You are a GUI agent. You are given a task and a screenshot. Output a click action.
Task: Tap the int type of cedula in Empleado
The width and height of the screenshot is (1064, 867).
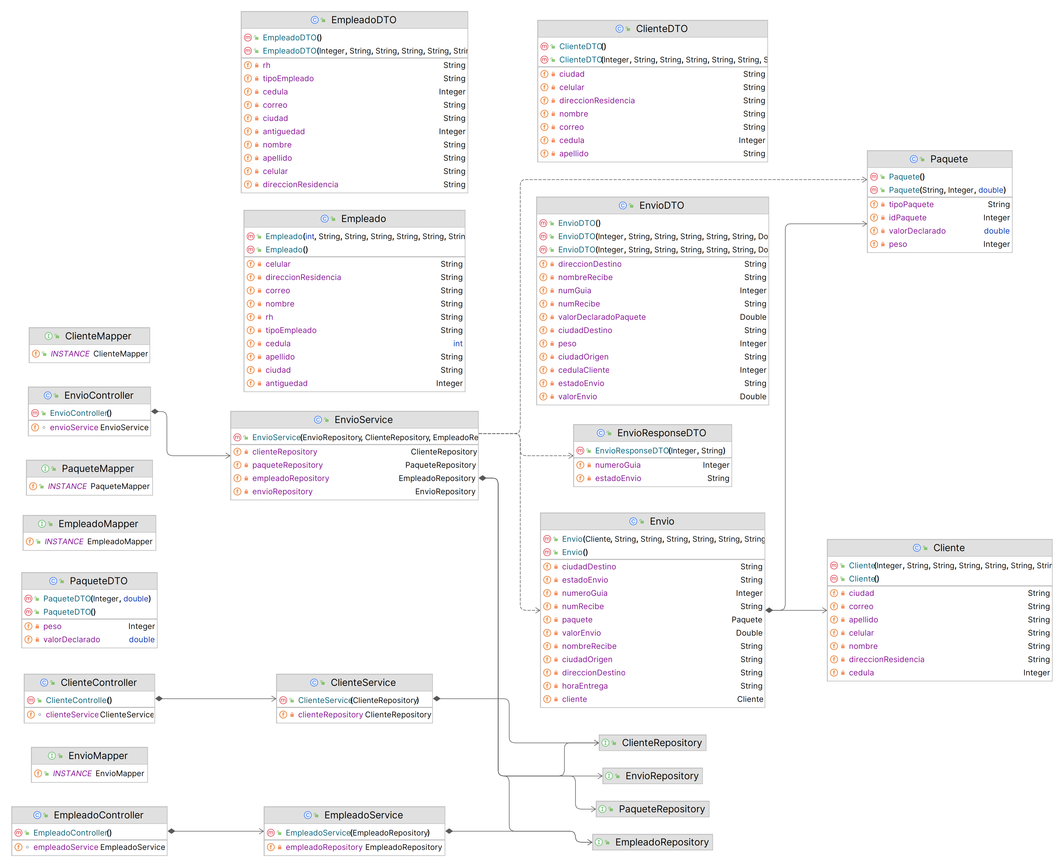[x=457, y=343]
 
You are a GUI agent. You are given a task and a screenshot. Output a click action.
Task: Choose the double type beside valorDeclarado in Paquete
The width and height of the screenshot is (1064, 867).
[x=996, y=231]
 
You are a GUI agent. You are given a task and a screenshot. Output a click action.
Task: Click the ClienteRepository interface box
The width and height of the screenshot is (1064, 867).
[x=652, y=743]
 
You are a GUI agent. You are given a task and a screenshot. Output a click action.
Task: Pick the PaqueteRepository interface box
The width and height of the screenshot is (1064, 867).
[x=652, y=809]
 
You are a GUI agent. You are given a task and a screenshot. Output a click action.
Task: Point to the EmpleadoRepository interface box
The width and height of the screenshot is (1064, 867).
[x=652, y=842]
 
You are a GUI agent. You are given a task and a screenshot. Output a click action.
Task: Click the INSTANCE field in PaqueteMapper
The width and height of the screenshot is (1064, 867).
[x=67, y=486]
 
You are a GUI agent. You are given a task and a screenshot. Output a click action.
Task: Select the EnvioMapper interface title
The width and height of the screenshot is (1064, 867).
[x=98, y=756]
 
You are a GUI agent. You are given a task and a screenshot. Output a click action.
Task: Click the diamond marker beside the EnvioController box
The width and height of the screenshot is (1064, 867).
[x=155, y=411]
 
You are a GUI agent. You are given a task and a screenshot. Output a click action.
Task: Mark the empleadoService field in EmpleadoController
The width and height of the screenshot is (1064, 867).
[x=65, y=847]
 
